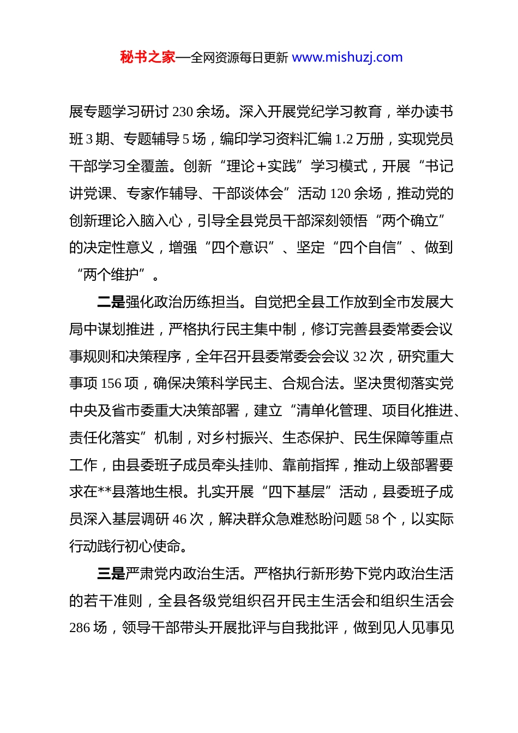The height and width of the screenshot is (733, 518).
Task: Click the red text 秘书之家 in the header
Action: (x=148, y=57)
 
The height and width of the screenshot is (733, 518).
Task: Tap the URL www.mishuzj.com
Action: (x=347, y=57)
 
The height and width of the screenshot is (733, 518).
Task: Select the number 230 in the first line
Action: (x=183, y=112)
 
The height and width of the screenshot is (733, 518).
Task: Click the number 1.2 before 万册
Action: (x=344, y=140)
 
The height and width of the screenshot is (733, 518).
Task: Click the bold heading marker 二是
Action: (x=111, y=302)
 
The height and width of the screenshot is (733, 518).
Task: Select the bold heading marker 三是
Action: (x=111, y=574)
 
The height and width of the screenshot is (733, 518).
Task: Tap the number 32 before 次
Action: (x=360, y=357)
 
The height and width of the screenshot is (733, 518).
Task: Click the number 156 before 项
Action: (x=111, y=384)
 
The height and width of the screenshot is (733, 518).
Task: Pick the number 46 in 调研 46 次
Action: (x=179, y=519)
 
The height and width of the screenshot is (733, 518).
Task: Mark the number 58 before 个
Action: (x=372, y=519)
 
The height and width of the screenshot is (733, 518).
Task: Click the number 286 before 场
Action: (x=80, y=628)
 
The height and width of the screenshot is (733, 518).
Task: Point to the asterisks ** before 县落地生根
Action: (x=105, y=492)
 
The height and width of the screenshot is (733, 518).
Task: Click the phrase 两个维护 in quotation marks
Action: (x=111, y=275)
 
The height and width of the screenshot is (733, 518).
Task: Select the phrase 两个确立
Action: (x=411, y=221)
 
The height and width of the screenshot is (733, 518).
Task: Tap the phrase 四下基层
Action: (x=297, y=492)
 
